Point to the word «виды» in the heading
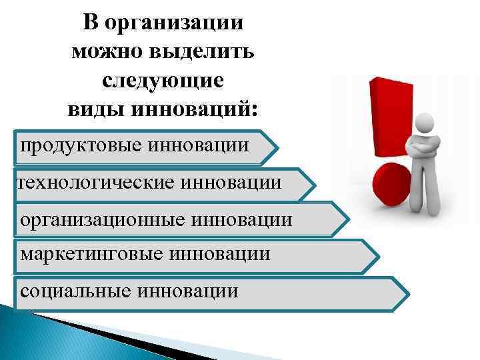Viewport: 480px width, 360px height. (x=93, y=107)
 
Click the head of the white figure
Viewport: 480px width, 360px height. (x=425, y=123)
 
